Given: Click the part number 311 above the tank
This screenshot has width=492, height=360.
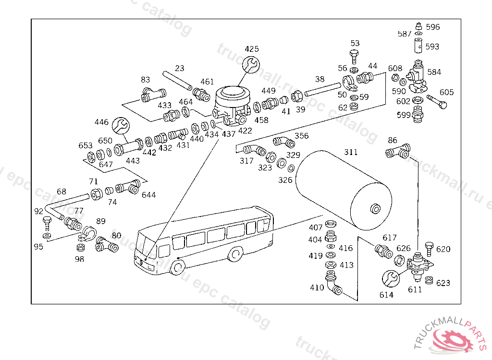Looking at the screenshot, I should pos(351,152).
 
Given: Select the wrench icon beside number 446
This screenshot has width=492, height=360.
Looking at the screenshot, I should pos(120,126).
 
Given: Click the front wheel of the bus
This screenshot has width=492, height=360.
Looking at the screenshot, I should pos(178,267).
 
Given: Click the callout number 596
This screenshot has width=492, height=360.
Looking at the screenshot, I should pos(432,27).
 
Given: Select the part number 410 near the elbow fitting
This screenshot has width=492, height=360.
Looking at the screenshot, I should pos(317,288).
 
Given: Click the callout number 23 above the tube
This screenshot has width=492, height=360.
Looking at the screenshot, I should pos(179,68).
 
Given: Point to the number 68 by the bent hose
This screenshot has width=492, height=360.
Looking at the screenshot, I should pos(61,192).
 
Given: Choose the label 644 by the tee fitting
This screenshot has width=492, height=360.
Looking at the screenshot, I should pos(148,195).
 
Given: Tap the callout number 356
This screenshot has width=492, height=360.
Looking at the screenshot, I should pos(301,136).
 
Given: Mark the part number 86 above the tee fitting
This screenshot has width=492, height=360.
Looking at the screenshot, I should pos(393,141).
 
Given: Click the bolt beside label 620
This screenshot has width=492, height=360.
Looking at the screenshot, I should pos(429,248).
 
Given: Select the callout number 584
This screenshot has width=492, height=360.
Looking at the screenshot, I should pos(434,72).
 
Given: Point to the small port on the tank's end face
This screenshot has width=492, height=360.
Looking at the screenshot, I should pos(374,208).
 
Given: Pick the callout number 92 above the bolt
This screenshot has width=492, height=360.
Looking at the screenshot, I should pos(38,211).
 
